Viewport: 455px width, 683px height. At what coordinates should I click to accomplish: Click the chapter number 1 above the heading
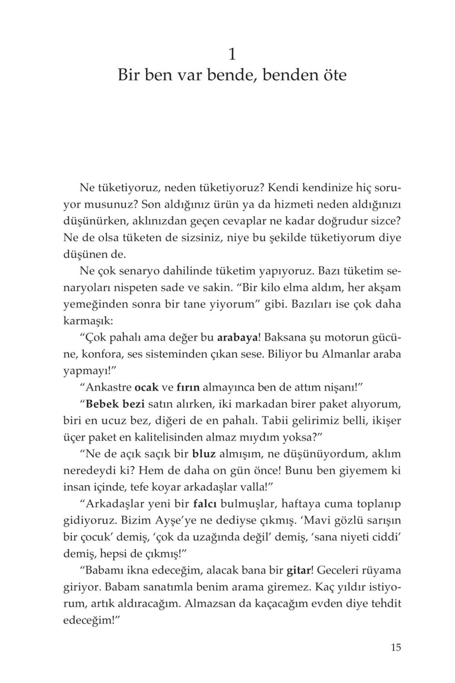coord(232,55)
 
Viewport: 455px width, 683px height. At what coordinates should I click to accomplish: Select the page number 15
coord(395,647)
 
